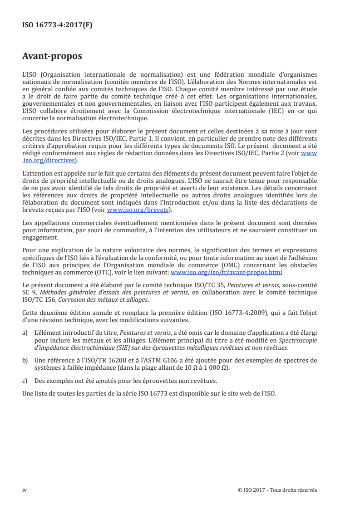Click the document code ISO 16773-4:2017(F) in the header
tap(57, 25)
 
